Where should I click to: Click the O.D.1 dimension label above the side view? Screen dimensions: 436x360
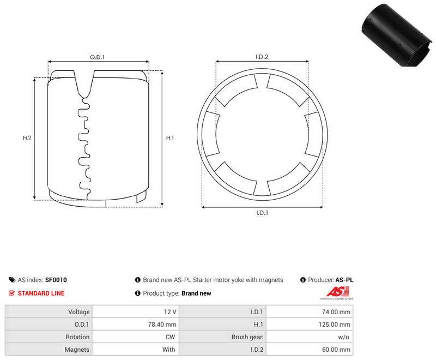click(98, 57)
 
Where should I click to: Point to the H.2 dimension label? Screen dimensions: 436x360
click(27, 137)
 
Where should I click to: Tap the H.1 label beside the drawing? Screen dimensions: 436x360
click(170, 137)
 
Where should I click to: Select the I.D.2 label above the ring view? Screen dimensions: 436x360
click(262, 57)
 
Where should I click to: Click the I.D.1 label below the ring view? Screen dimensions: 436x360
click(262, 213)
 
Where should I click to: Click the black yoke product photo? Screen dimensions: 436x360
click(397, 35)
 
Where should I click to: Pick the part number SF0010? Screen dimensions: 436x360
click(56, 280)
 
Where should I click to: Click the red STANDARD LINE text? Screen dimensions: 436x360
click(41, 293)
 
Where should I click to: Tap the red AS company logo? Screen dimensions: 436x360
click(337, 293)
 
